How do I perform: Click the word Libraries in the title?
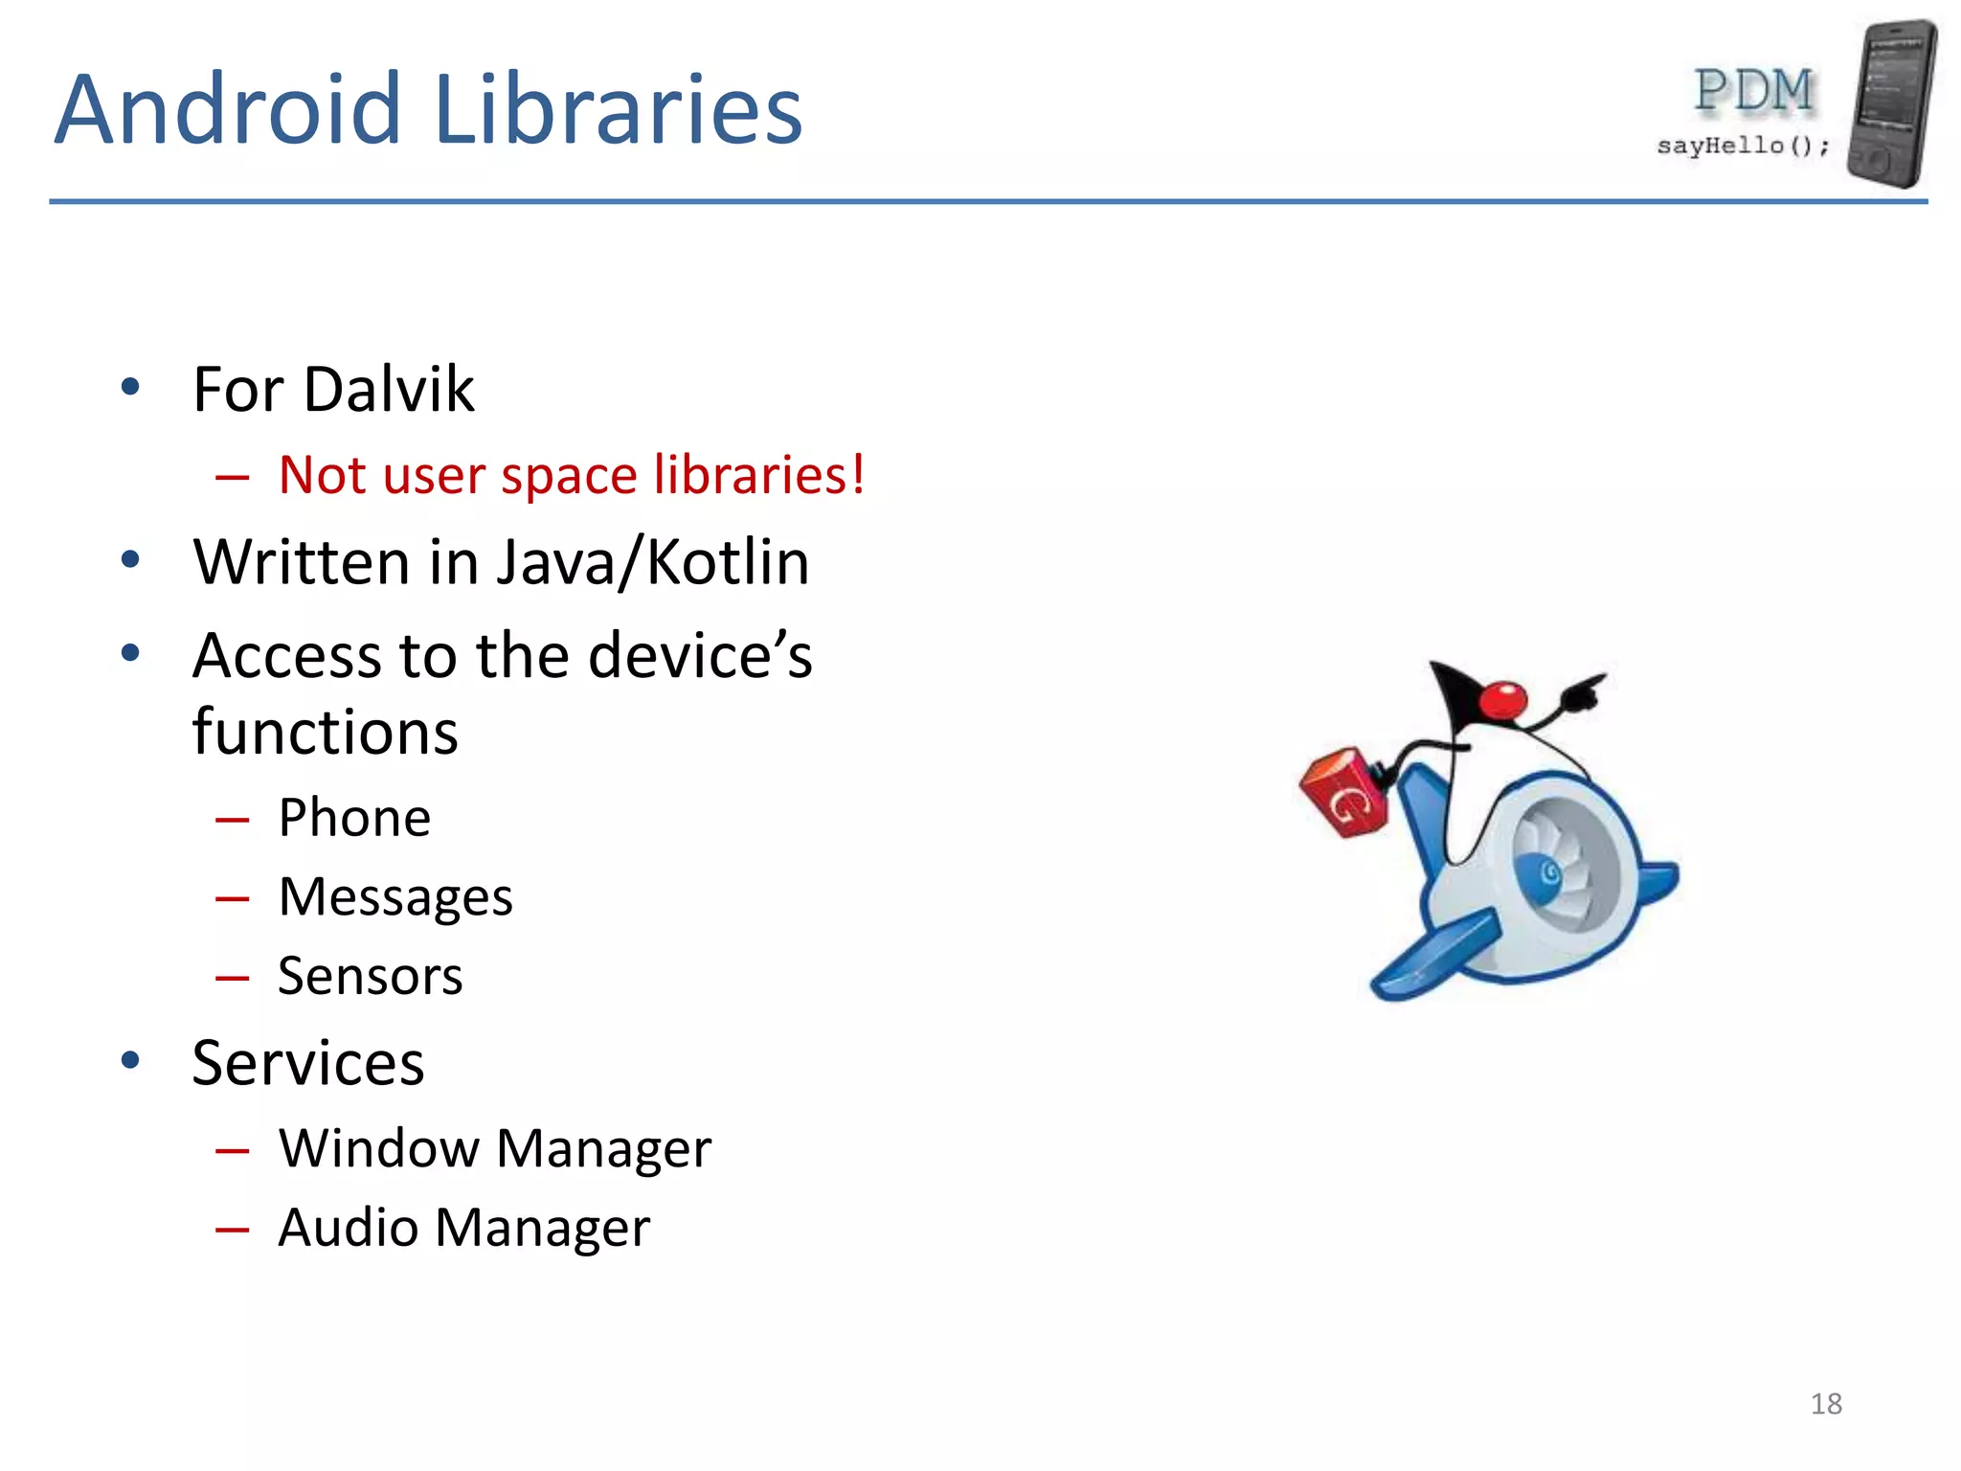pyautogui.click(x=618, y=110)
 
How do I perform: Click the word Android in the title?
pyautogui.click(x=227, y=110)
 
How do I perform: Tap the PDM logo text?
pyautogui.click(x=1753, y=92)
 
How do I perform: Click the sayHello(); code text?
pyautogui.click(x=1743, y=146)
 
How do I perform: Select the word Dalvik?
pyautogui.click(x=389, y=390)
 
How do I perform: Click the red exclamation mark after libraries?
pyautogui.click(x=857, y=474)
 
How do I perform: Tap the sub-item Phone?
pyautogui.click(x=354, y=818)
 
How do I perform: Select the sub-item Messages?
pyautogui.click(x=395, y=897)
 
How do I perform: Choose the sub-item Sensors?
pyautogui.click(x=371, y=976)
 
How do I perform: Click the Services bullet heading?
pyautogui.click(x=307, y=1063)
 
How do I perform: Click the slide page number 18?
pyautogui.click(x=1825, y=1404)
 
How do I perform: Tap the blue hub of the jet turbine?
pyautogui.click(x=1546, y=872)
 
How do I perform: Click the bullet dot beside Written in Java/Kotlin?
pyautogui.click(x=131, y=560)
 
